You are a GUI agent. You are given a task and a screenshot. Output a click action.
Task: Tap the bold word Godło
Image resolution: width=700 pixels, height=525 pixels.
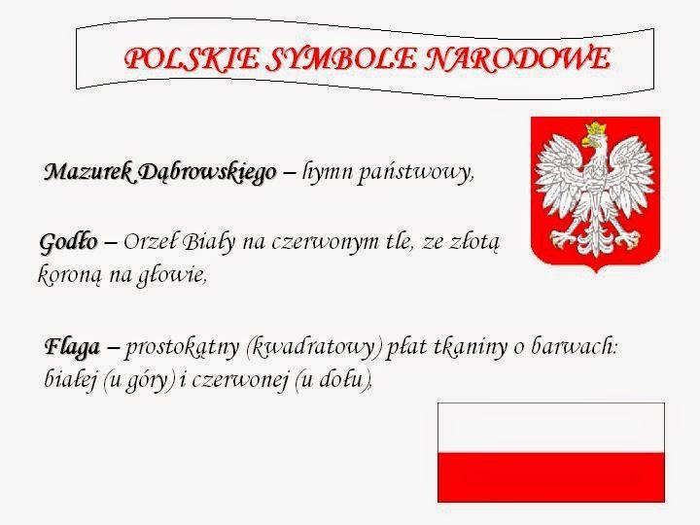[x=68, y=242]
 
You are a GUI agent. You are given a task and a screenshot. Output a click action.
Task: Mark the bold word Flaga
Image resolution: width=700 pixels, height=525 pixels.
[x=72, y=347]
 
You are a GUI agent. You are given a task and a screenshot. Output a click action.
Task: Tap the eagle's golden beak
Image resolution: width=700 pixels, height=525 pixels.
[x=587, y=142]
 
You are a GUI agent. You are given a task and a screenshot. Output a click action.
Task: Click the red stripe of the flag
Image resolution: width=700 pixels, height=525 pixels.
[x=551, y=477]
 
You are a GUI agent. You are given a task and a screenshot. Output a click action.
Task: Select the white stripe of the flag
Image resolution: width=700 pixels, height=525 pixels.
[x=551, y=428]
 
